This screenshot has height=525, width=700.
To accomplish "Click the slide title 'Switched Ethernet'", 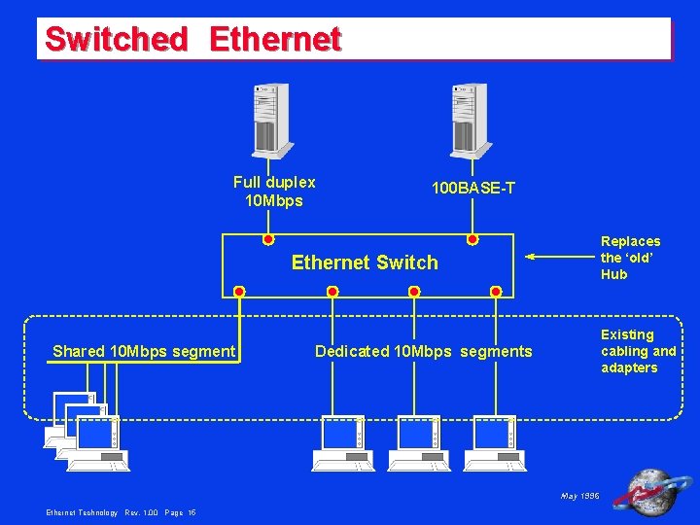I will (192, 40).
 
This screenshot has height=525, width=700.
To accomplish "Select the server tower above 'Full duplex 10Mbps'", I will (271, 120).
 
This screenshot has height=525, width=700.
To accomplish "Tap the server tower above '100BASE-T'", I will (469, 120).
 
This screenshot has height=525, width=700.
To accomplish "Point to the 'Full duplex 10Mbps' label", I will (274, 192).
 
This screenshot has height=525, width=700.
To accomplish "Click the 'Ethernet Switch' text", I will (365, 262).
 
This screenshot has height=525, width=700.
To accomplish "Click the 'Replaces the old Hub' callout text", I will (630, 258).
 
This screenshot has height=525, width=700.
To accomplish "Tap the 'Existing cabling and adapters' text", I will (638, 351).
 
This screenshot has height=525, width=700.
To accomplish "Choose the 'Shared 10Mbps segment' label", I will (144, 351).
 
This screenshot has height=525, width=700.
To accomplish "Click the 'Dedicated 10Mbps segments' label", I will (424, 351).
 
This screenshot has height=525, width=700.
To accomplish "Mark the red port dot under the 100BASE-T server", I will (472, 239).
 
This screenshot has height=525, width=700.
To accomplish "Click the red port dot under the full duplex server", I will (268, 239).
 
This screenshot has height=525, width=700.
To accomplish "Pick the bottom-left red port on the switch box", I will (239, 291).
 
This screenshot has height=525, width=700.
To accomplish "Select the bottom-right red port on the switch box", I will (496, 291).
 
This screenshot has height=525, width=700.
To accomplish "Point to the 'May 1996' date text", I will (580, 496).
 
